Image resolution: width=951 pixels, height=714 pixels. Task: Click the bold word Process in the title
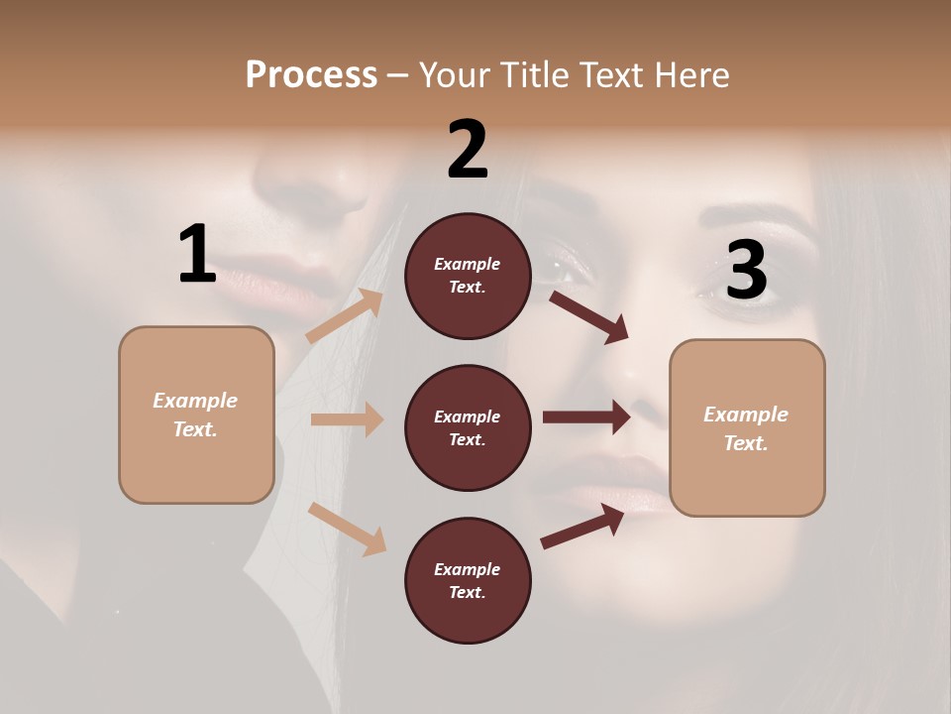311,74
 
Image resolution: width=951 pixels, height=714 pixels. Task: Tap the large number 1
197,255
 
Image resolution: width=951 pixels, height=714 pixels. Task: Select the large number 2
468,150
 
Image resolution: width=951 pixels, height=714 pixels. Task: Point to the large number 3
746,270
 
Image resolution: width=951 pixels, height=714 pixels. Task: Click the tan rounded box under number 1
196,415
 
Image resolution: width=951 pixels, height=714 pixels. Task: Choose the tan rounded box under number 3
747,428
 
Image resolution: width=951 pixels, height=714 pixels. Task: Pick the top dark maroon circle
468,276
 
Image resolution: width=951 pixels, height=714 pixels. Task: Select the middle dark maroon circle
468,427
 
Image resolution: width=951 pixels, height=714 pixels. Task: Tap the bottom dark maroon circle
468,580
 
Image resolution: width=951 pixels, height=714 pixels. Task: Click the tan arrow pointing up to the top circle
345,316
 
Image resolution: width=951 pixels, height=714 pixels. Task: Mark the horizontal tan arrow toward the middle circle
347,419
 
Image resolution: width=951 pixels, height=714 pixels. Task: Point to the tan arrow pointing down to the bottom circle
347,529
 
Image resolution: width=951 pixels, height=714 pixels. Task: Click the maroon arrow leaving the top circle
589,316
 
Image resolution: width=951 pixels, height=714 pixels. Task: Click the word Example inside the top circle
468,264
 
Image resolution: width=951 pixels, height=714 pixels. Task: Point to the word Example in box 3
746,415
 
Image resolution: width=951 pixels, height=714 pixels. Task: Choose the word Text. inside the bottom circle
468,592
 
